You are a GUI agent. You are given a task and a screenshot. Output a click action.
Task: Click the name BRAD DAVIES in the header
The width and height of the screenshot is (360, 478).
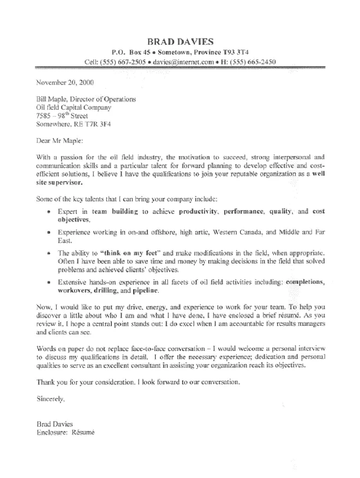coord(181,41)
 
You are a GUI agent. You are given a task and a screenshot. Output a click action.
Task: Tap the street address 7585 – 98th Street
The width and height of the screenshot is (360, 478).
coord(61,116)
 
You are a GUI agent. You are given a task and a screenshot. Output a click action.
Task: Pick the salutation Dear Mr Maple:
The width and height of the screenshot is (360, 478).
coord(59,141)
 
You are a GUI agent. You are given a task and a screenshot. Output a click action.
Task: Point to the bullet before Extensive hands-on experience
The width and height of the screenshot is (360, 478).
coord(49,283)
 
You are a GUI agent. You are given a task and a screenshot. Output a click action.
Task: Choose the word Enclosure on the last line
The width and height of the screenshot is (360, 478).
coord(50,432)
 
